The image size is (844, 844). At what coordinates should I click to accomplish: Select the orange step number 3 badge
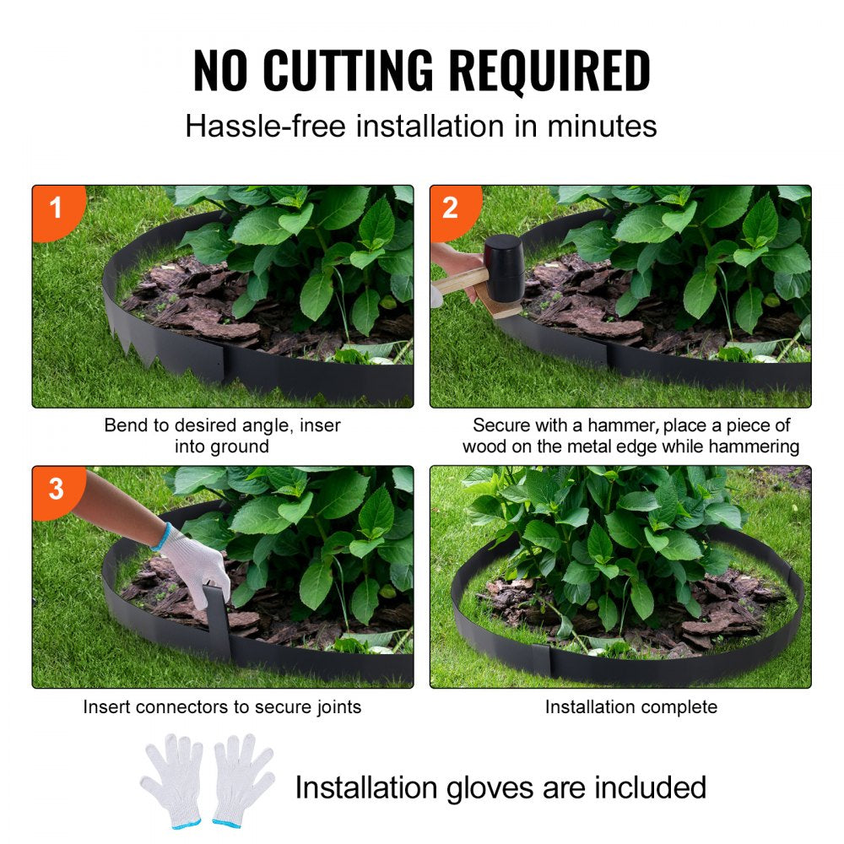coord(56,488)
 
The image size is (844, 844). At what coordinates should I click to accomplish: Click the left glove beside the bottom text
coord(171,776)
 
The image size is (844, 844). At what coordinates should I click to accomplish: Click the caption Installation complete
coord(630,706)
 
